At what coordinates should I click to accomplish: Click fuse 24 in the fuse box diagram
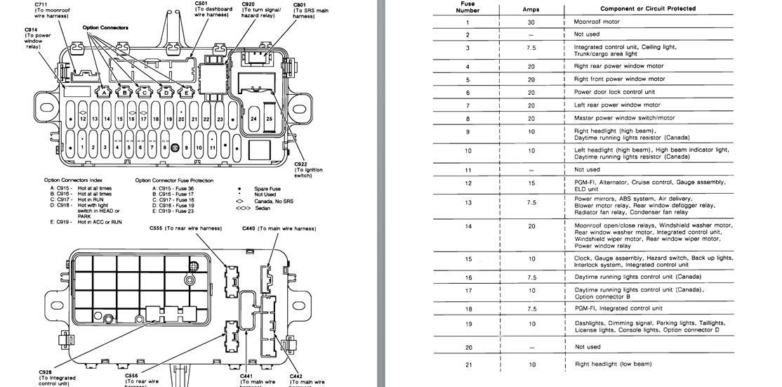click(x=253, y=119)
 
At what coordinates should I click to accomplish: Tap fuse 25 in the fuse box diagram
click(x=269, y=119)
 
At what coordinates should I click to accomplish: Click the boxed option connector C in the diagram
click(x=144, y=92)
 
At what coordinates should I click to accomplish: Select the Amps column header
click(x=531, y=8)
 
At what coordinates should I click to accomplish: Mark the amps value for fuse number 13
click(x=531, y=202)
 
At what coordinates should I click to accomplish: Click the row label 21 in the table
click(x=468, y=364)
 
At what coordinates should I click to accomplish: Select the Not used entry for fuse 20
click(x=587, y=347)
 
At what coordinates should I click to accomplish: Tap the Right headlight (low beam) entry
click(x=613, y=364)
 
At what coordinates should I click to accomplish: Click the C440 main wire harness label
click(x=279, y=228)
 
